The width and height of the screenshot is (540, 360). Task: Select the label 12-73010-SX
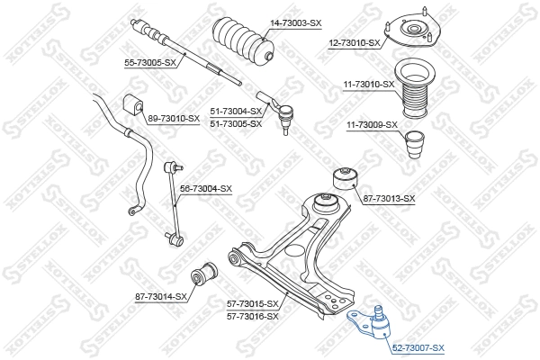point(354,42)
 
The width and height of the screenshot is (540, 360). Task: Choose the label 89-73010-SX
point(173,118)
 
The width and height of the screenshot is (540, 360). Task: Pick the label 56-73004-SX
point(206,188)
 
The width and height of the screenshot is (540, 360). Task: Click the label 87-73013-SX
point(389,198)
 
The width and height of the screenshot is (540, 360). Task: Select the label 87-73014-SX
point(161,296)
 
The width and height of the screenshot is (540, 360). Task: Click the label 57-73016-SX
point(252,316)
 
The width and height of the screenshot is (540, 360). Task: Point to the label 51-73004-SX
point(236,112)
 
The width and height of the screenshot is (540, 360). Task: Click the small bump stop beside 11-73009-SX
point(415,144)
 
